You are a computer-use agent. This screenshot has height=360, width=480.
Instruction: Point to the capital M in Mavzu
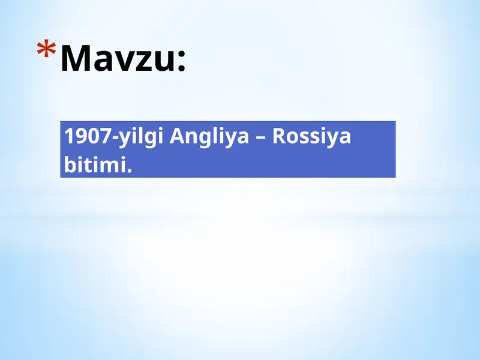click(x=75, y=58)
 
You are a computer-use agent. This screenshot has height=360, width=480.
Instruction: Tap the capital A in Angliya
click(x=177, y=137)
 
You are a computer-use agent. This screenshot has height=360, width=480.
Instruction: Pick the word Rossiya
click(x=311, y=138)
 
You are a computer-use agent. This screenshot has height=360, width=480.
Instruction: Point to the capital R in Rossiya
click(x=280, y=137)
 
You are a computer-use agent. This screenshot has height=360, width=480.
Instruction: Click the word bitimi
click(x=95, y=164)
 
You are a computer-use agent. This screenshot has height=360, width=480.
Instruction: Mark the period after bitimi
click(x=128, y=170)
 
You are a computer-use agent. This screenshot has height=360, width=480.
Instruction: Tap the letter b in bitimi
click(x=69, y=164)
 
